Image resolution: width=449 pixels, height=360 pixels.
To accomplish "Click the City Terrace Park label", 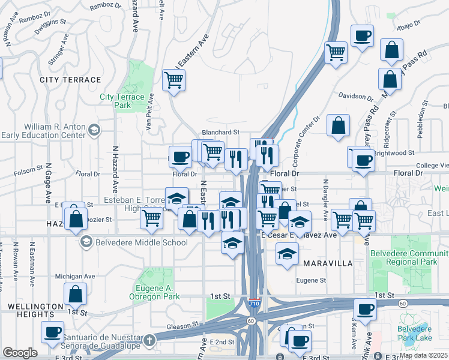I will tap(122, 101).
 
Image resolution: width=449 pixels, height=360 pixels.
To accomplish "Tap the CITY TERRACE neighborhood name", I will tap(70, 80).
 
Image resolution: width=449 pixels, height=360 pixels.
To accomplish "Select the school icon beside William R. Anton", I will tap(94, 130).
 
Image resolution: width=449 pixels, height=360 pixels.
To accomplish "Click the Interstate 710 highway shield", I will tap(254, 302).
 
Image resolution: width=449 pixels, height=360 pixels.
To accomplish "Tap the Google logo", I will tap(20, 353).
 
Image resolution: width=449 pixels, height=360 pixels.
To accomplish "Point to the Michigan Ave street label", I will tap(75, 276).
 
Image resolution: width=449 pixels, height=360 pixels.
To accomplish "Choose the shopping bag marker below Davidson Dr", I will tap(339, 126).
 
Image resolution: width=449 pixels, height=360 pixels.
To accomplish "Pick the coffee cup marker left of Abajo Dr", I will tap(362, 36).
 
